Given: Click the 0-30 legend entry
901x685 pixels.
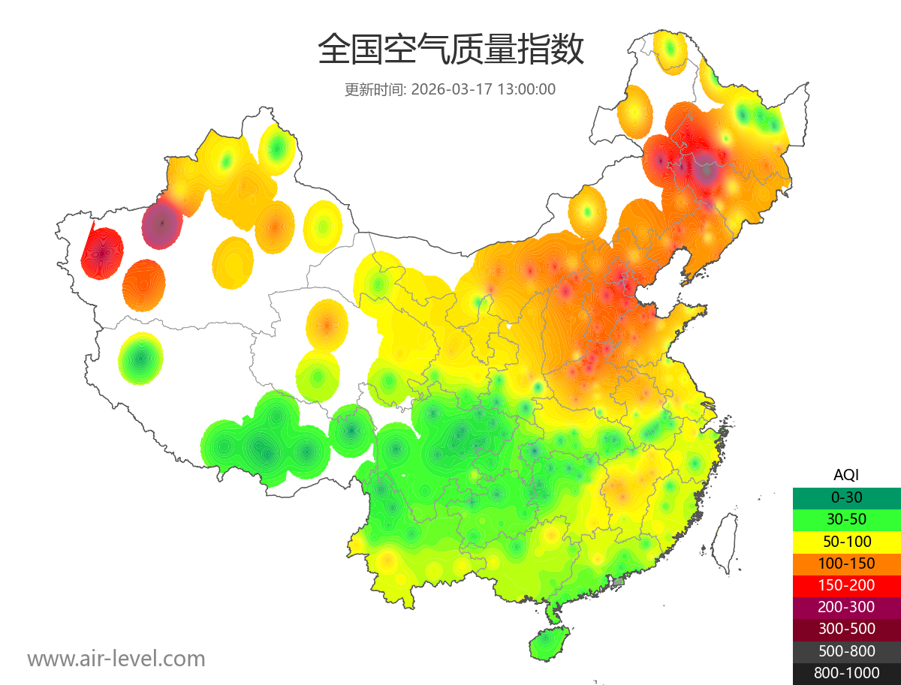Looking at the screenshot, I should (x=846, y=497).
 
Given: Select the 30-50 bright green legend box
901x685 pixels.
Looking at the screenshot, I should (x=846, y=519).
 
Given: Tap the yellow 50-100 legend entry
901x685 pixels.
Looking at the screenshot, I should (x=846, y=541).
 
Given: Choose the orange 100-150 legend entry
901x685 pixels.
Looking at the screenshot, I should (x=846, y=563).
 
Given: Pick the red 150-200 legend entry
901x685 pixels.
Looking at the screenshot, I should (x=846, y=585).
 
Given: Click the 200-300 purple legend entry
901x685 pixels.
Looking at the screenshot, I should (x=846, y=607).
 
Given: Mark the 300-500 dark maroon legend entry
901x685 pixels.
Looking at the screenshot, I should (x=846, y=629).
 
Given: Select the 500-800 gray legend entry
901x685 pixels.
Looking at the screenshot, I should (x=846, y=651).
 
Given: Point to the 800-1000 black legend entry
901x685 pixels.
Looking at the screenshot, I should (x=846, y=673).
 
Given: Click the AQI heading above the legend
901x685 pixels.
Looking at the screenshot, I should (x=846, y=475).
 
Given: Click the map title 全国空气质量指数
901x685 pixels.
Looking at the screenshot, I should (x=450, y=50).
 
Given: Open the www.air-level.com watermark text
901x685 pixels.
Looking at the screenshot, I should (x=116, y=659).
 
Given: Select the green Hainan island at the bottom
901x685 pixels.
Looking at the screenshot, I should (x=550, y=644).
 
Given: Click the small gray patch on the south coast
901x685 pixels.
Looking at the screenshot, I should (x=619, y=581).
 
